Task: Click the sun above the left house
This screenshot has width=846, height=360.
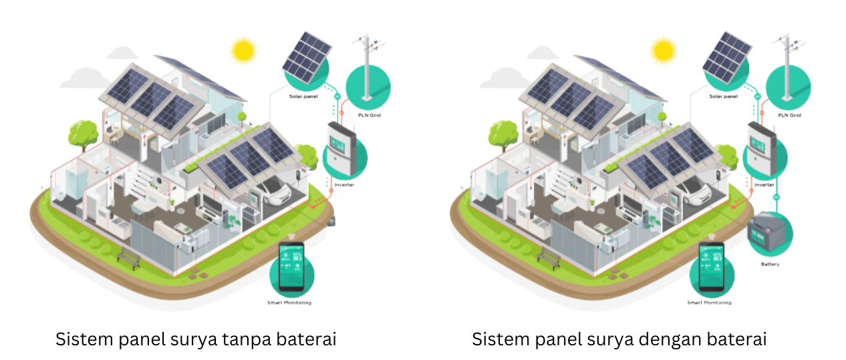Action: click(x=243, y=50)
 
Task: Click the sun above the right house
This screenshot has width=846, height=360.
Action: click(x=663, y=50)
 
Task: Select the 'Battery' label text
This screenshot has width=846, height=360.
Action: click(x=770, y=264)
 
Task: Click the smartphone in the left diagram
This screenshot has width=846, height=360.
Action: click(x=291, y=267)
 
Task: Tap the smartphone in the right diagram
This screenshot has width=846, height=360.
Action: click(x=712, y=267)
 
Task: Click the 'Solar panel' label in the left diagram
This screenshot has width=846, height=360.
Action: click(x=303, y=97)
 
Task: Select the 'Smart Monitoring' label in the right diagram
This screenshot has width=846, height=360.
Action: click(x=709, y=303)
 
